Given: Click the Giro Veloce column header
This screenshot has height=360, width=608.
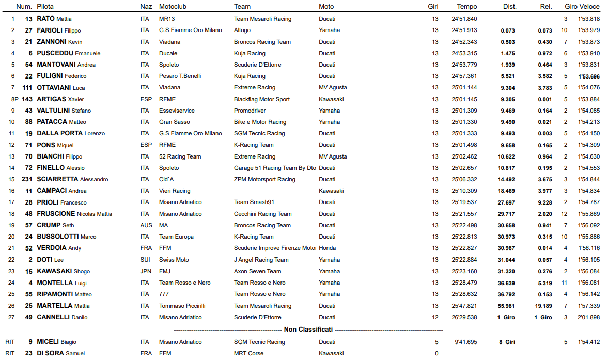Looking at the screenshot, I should tap(582, 7).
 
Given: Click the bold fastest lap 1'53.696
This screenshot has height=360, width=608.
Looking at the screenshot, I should tap(589, 76).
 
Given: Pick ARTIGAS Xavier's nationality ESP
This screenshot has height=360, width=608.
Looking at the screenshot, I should tap(146, 99).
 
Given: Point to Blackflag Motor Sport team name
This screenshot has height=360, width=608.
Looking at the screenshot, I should tap(262, 99).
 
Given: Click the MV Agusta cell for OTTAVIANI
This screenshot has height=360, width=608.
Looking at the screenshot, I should tap(333, 87).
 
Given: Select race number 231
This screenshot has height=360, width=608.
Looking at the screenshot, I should tap(27, 179).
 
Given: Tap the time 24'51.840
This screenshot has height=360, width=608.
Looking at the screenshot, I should tap(464, 19).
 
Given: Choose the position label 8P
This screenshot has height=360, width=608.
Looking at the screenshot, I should tap(14, 99).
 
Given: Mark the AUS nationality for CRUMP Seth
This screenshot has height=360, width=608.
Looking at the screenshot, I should tap(146, 225).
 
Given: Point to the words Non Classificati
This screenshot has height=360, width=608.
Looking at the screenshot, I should tap(308, 329).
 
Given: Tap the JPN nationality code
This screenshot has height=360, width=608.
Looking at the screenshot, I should tap(146, 271).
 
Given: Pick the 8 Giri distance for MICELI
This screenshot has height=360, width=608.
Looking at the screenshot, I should tap(507, 342).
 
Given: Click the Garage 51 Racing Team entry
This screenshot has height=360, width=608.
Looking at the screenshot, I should tap(275, 168).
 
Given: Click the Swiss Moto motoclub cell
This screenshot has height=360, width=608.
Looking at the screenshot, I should tap(174, 260).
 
